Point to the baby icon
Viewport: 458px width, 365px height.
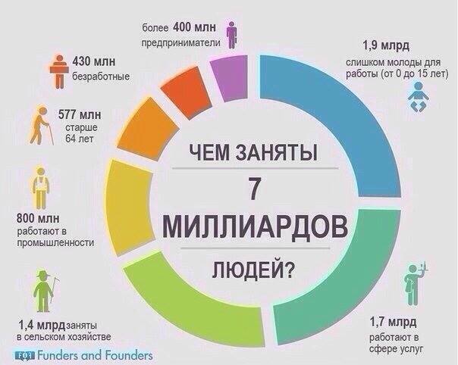417,95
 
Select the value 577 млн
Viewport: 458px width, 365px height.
80,115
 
